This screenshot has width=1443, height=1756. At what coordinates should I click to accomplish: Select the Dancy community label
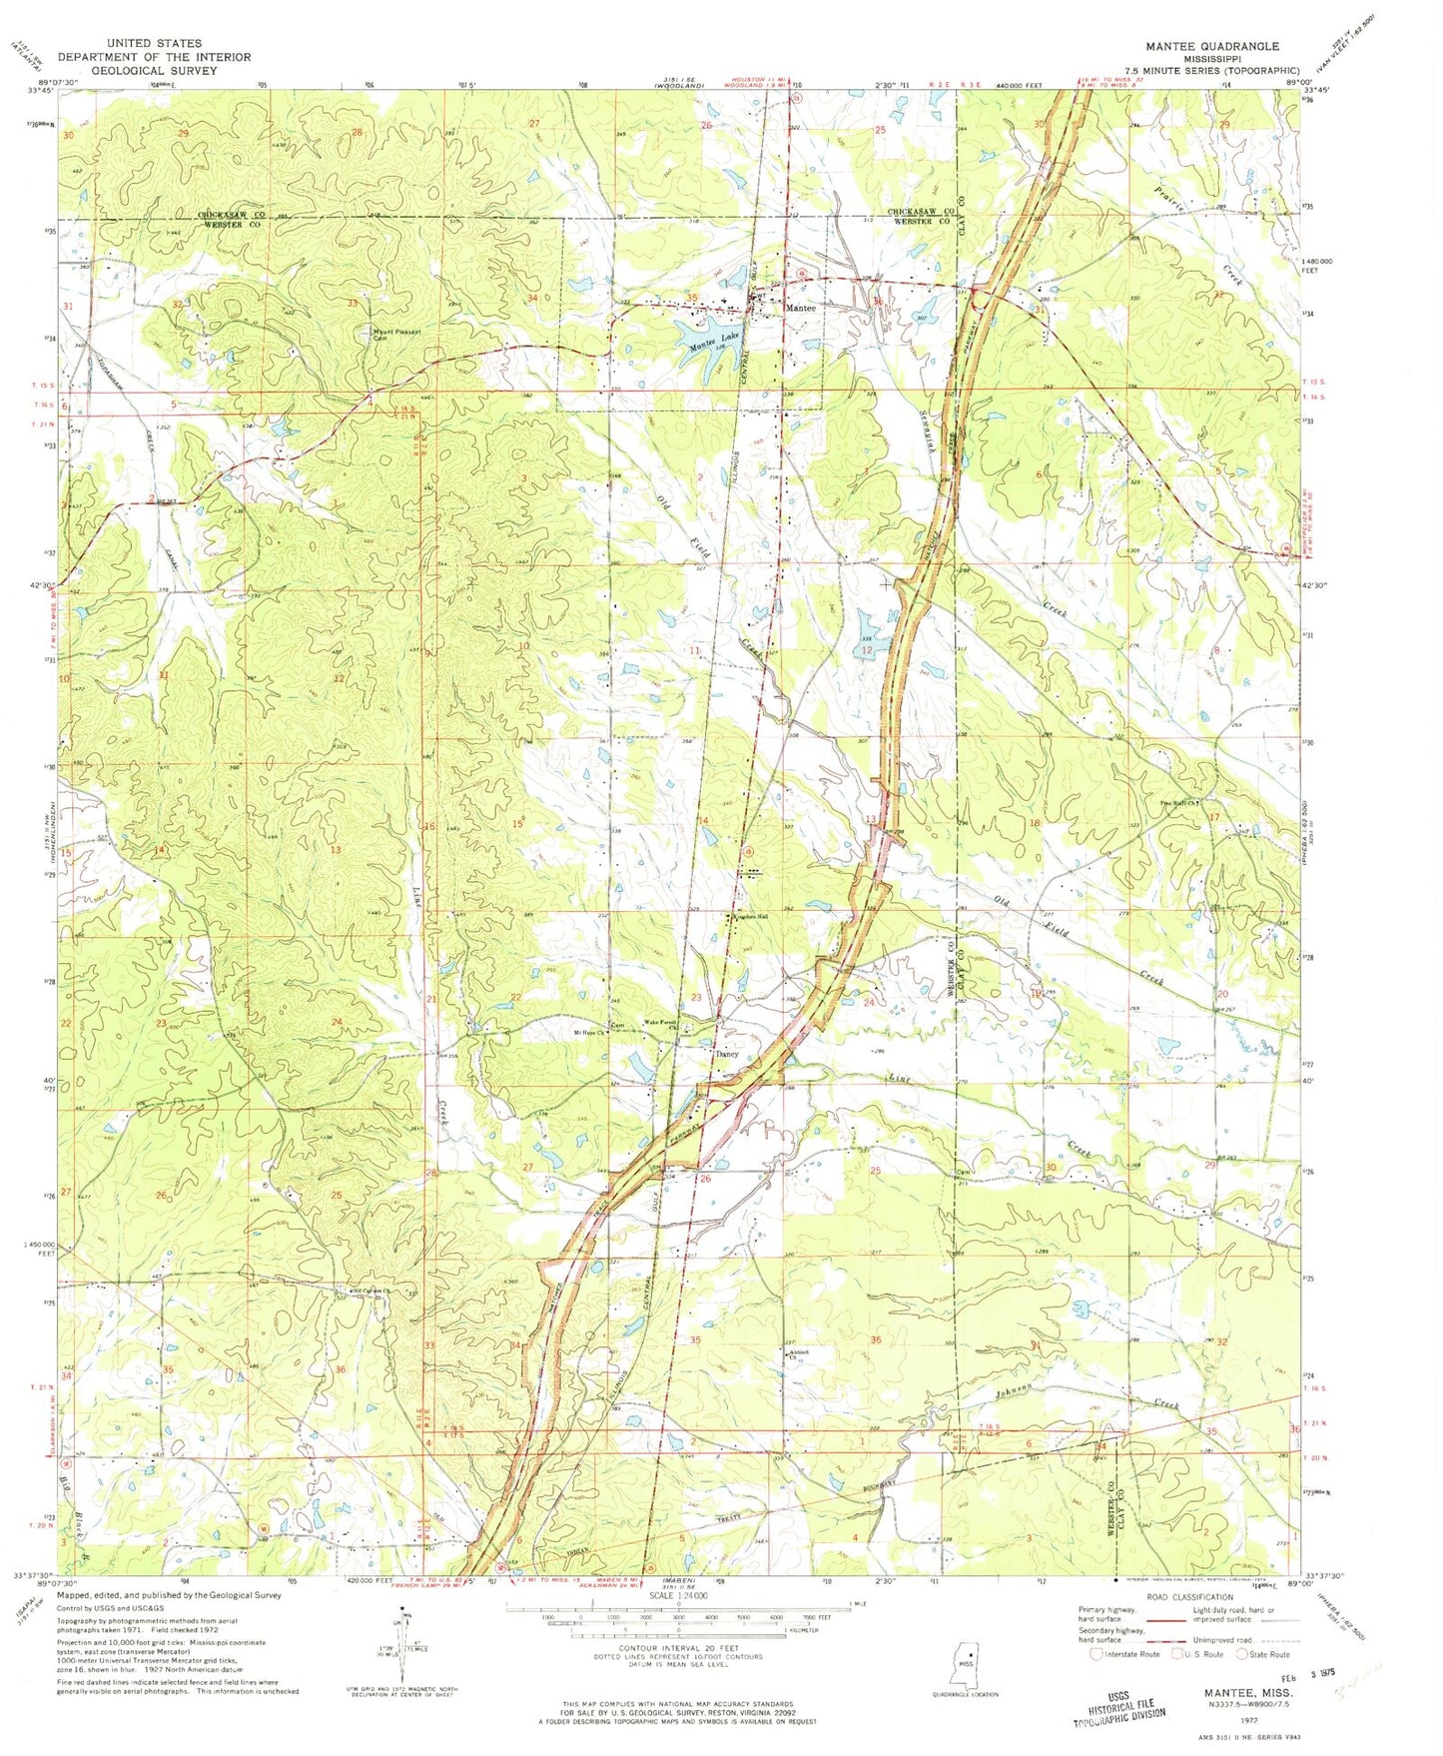click(x=726, y=1053)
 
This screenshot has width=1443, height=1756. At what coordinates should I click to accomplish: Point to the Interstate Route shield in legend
click(x=1098, y=1653)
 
